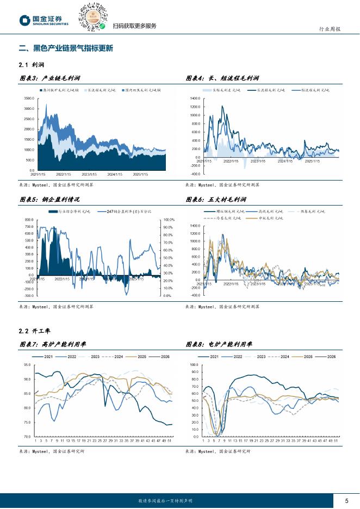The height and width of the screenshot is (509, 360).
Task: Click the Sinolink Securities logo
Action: pyautogui.click(x=44, y=20)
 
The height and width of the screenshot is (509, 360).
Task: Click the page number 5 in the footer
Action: pyautogui.click(x=346, y=501)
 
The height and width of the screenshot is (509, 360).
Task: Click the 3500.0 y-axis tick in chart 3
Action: pyautogui.click(x=29, y=98)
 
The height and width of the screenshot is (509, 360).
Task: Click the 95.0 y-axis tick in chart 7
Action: pyautogui.click(x=27, y=365)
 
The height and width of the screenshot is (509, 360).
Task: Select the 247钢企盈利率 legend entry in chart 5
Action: pyautogui.click(x=129, y=211)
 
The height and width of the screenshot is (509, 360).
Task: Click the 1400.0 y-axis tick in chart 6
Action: pyautogui.click(x=195, y=225)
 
